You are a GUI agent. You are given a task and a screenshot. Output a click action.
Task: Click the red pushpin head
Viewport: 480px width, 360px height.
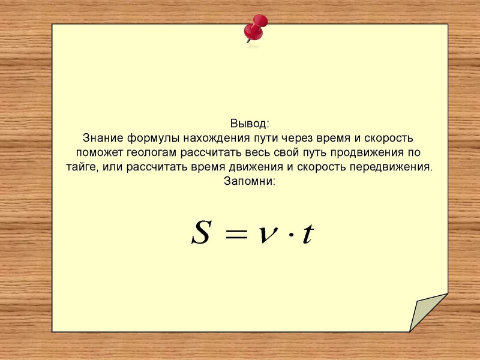pyautogui.click(x=256, y=28)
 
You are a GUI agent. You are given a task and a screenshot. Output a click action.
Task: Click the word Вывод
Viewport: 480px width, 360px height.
pyautogui.click(x=248, y=124)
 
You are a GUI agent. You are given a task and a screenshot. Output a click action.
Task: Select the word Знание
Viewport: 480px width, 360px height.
pyautogui.click(x=103, y=138)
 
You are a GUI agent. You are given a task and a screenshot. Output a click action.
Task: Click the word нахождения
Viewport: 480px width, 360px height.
pyautogui.click(x=217, y=139)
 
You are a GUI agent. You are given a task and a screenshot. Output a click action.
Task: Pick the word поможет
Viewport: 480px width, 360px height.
pyautogui.click(x=100, y=152)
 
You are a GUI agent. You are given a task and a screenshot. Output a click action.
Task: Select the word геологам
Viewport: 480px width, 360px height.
pyautogui.click(x=152, y=153)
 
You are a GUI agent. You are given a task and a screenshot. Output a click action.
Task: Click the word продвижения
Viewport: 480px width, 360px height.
pyautogui.click(x=367, y=153)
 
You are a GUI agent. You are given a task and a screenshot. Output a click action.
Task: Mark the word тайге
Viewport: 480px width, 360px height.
pyautogui.click(x=82, y=167)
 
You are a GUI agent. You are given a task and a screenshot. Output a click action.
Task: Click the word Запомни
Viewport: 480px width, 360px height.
pyautogui.click(x=248, y=181)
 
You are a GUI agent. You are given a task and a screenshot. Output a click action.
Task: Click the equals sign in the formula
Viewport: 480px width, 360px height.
pyautogui.click(x=236, y=235)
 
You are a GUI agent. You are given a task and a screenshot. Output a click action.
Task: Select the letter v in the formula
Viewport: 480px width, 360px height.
pyautogui.click(x=268, y=235)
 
